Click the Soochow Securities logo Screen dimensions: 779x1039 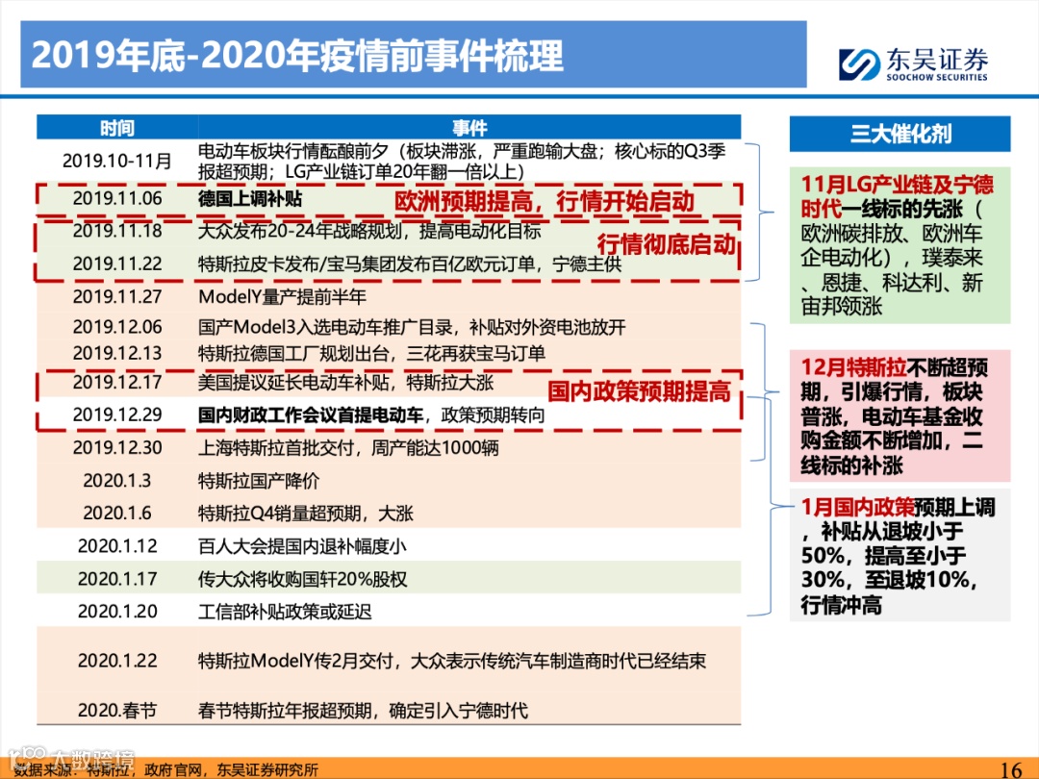(x=912, y=64)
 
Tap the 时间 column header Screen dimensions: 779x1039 (x=116, y=128)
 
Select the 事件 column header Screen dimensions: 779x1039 (x=469, y=128)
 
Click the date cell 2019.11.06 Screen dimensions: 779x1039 (x=117, y=199)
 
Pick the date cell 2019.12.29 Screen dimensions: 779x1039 (x=117, y=415)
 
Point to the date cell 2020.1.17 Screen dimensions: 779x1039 (x=117, y=579)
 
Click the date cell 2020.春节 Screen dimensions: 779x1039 (x=117, y=711)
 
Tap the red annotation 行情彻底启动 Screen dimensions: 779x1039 (x=666, y=243)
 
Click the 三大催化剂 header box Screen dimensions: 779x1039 (x=900, y=134)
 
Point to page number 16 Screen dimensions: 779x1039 (x=1010, y=768)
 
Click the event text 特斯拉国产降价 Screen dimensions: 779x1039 (x=258, y=481)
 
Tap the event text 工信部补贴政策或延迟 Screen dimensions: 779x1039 (x=285, y=612)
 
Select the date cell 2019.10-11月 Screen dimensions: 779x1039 (x=117, y=161)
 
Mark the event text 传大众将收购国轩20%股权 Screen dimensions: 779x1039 (x=302, y=579)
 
